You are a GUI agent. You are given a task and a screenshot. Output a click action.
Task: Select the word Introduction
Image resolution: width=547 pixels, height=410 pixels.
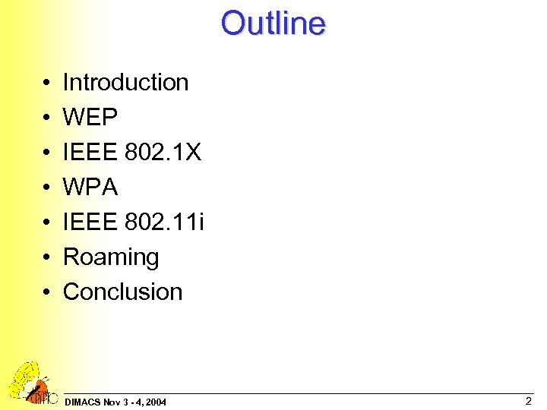coord(125,82)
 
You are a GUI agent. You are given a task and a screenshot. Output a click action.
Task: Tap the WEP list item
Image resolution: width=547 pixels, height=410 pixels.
coord(90,117)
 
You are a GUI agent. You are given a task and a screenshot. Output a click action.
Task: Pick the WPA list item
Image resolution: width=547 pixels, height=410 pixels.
coord(91,187)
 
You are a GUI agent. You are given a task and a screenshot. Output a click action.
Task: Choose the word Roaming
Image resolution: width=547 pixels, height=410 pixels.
coord(111,257)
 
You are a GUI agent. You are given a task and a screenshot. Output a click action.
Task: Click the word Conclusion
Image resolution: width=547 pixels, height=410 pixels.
coord(122,292)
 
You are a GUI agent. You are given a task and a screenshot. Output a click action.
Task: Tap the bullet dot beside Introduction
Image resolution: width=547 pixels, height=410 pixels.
coord(47,83)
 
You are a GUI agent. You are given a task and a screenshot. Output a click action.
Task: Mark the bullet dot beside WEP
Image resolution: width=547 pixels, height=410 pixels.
coord(47,118)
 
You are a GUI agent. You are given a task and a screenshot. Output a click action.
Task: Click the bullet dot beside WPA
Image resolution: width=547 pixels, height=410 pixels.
coord(47,188)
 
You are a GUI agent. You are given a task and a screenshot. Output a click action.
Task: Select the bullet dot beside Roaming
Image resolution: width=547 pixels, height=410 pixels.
coord(47,257)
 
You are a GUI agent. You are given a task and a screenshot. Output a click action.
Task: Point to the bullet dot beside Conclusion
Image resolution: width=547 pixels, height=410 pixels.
coord(47,292)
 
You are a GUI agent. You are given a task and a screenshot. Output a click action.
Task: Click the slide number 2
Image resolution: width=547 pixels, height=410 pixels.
coord(529,400)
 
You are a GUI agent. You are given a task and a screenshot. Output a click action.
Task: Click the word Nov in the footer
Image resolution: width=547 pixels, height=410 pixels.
coord(112,401)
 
